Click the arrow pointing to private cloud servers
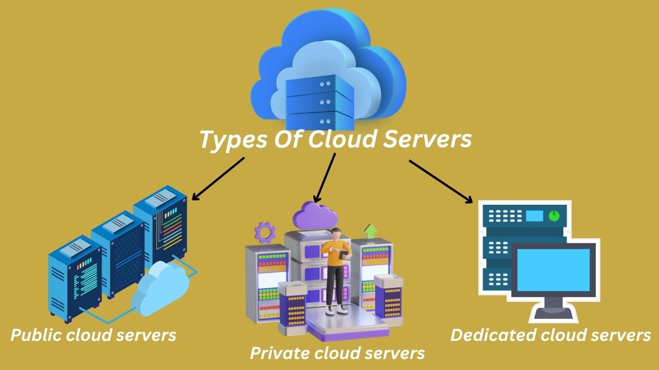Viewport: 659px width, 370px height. [x=325, y=178]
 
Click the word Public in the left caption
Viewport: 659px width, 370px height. [x=37, y=334]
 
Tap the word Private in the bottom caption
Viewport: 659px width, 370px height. [x=277, y=352]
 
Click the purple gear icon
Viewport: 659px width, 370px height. [x=264, y=232]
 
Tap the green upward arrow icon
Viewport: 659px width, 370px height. [x=371, y=230]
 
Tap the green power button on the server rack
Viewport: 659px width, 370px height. [x=554, y=215]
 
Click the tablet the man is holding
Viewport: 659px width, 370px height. [x=345, y=255]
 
